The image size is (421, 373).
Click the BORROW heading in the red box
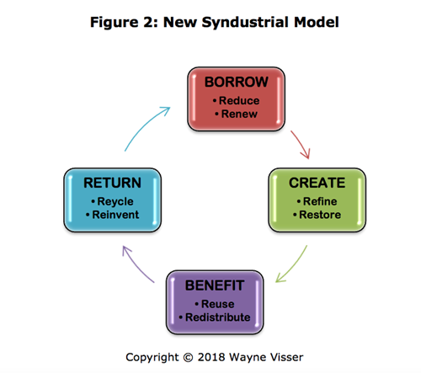click(237, 82)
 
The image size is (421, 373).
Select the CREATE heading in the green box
click(317, 183)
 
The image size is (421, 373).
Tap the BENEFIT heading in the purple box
click(215, 285)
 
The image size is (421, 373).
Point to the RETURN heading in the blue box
click(112, 183)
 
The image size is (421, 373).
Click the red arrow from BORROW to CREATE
click(301, 144)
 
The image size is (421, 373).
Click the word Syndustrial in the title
click(245, 22)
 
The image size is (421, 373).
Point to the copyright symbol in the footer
click(188, 358)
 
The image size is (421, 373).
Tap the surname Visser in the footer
click(286, 357)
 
